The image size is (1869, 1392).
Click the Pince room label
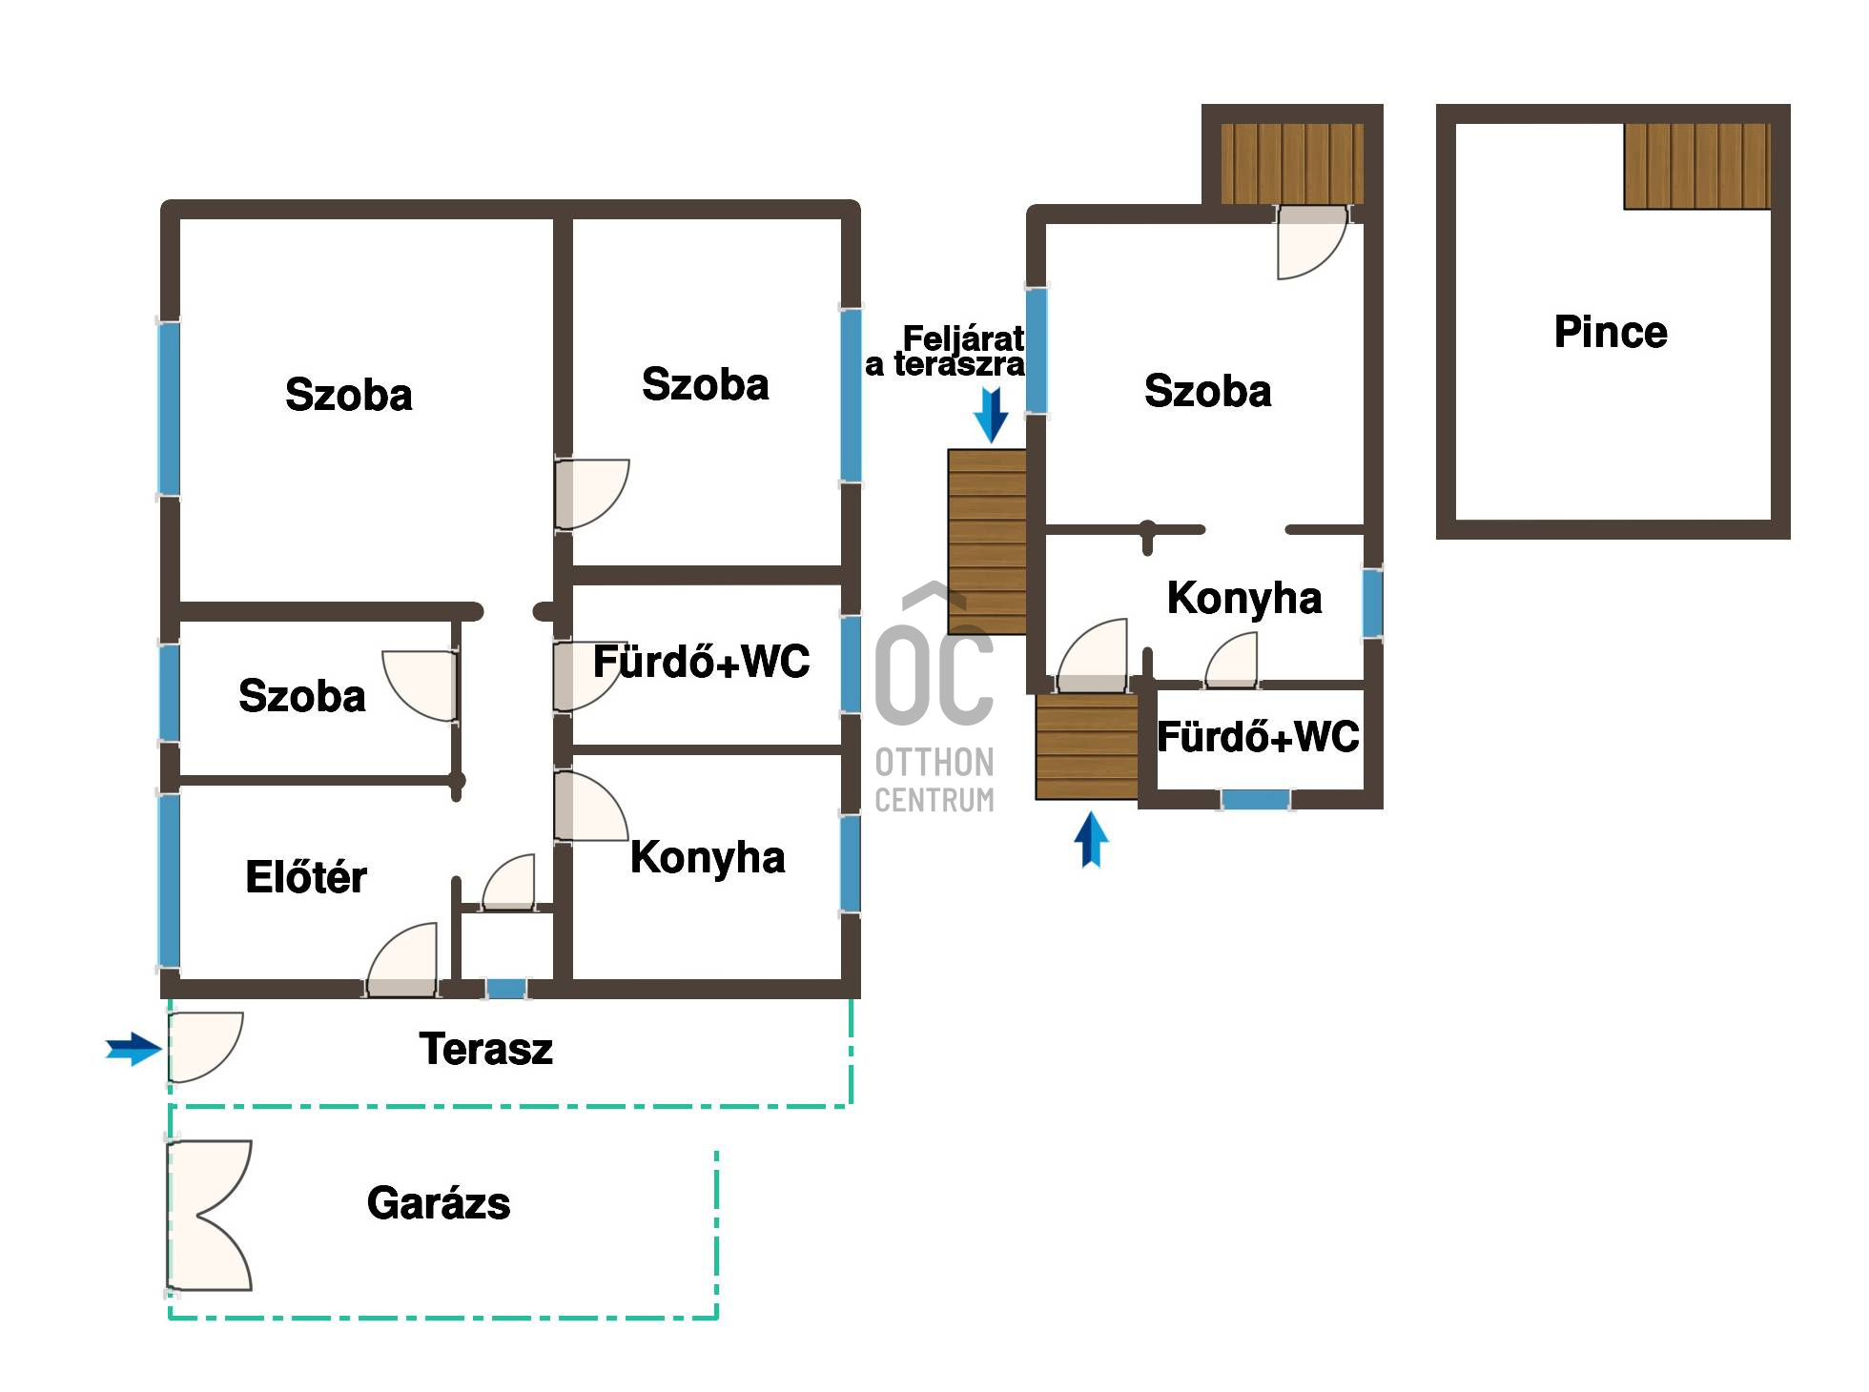1611,332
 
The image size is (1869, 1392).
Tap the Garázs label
439,1203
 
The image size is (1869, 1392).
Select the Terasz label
485,1049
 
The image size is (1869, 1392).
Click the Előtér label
305,876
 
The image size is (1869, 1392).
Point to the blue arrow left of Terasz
133,1050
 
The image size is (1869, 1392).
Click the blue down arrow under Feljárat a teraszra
992,415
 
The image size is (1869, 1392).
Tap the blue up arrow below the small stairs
1091,839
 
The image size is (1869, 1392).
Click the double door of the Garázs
210,1216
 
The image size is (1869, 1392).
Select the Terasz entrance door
204,1048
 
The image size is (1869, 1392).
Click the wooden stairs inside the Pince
1697,166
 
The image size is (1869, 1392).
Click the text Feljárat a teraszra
945,351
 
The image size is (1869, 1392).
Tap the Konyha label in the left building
708,857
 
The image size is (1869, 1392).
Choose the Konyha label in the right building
1244,598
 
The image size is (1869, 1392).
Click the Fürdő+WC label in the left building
701,661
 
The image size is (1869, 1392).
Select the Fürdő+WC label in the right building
1258,737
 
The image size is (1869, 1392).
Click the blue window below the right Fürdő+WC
1256,799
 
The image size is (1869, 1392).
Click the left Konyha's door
590,806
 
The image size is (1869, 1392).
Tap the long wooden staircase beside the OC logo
987,542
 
